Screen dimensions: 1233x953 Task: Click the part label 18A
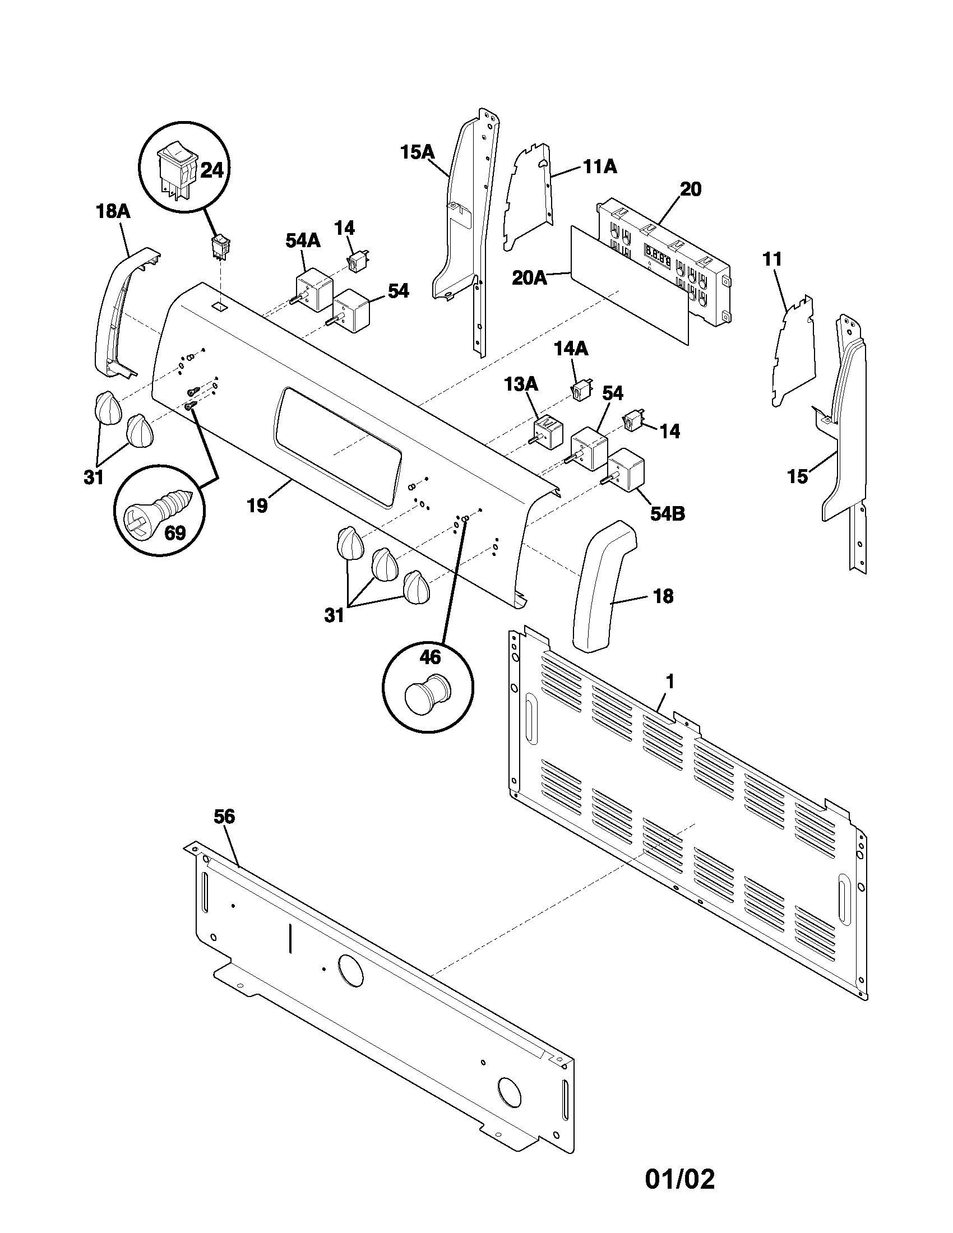112,212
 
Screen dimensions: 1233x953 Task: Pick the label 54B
667,514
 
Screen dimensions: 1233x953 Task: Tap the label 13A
521,384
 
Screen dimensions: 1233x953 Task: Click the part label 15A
417,152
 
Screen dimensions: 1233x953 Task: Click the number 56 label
224,816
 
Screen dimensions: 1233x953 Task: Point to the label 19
257,506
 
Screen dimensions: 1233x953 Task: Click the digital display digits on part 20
657,256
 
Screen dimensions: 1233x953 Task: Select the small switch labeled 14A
580,390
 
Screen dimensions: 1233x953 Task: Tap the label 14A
571,349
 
